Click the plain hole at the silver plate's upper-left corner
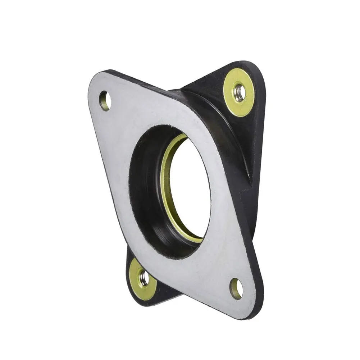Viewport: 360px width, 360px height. (105, 101)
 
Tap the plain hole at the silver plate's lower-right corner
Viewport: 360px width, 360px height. (236, 288)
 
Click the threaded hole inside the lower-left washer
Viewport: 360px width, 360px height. (144, 278)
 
